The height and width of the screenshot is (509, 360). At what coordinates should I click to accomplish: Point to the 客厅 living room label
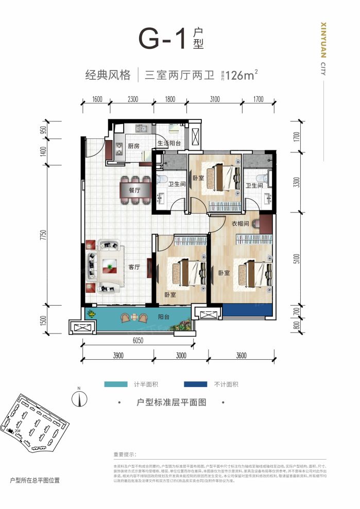coord(134,267)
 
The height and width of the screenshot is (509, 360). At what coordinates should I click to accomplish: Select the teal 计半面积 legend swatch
coord(118,384)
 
